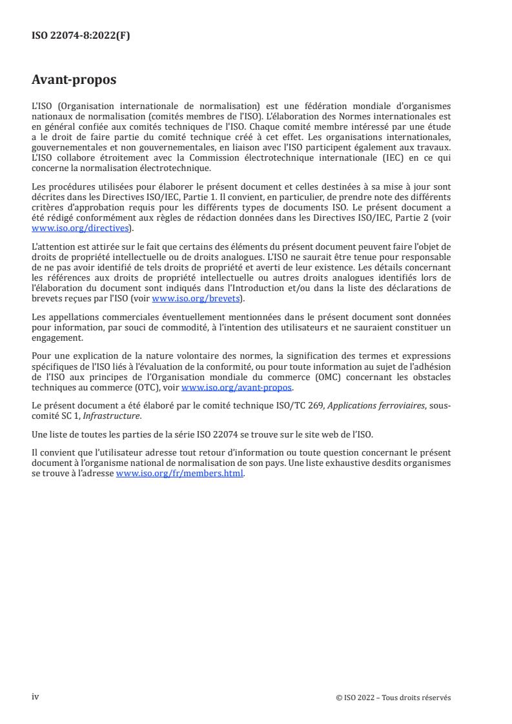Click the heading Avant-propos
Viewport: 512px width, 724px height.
74,80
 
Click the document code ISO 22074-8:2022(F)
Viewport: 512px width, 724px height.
81,36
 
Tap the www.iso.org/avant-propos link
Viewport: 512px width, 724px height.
237,387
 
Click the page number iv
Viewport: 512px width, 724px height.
36,697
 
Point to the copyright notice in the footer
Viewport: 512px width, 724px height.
393,698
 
